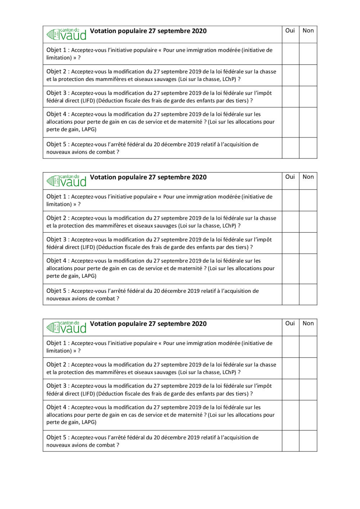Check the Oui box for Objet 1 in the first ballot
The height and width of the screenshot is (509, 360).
(x=291, y=54)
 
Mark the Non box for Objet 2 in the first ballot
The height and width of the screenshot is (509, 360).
(x=308, y=75)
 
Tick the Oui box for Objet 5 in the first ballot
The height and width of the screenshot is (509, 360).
(x=291, y=148)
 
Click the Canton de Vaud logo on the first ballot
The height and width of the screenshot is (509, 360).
(x=67, y=34)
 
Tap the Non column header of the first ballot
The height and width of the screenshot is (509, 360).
(x=308, y=31)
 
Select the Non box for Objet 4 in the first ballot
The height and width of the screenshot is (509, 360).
(x=308, y=122)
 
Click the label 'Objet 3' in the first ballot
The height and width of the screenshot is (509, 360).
(x=56, y=93)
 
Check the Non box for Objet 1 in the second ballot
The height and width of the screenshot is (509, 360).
(x=308, y=200)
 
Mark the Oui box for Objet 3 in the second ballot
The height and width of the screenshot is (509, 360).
(x=291, y=243)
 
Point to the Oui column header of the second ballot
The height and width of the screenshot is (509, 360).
(x=290, y=177)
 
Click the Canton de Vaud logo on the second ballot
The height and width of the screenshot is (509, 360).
(x=67, y=181)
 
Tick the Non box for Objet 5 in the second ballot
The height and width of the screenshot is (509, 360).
(x=308, y=295)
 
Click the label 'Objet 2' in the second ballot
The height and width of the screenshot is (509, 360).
(x=56, y=218)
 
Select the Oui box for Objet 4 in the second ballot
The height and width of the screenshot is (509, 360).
(x=291, y=269)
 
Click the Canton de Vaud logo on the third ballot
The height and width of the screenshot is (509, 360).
(x=67, y=327)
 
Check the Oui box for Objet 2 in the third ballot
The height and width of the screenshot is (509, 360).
(x=291, y=368)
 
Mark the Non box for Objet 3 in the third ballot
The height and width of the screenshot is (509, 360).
(x=308, y=390)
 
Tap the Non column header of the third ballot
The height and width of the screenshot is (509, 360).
(x=308, y=323)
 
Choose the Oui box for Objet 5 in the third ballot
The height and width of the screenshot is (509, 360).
(x=291, y=441)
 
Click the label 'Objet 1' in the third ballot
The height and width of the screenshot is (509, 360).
(x=56, y=343)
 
